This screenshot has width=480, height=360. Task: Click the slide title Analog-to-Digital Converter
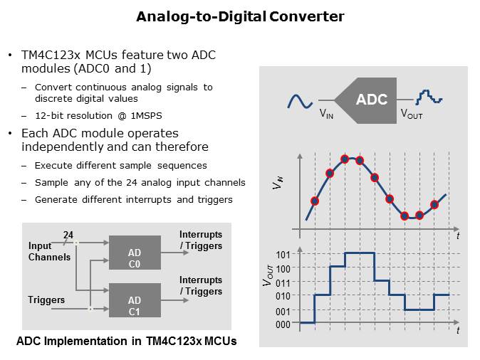(x=240, y=16)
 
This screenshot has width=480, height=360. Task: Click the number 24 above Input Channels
(x=68, y=235)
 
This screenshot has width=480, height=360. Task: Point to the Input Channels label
(x=49, y=251)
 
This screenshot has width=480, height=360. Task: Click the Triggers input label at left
(x=46, y=300)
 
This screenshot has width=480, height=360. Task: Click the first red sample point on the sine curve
(x=315, y=201)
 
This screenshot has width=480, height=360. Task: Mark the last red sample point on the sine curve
(x=434, y=205)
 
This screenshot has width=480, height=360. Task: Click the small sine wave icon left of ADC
(x=299, y=101)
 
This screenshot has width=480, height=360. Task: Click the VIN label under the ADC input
(x=326, y=113)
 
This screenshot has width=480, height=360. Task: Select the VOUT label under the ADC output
(x=412, y=113)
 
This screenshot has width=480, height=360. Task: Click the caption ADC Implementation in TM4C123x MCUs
(x=127, y=342)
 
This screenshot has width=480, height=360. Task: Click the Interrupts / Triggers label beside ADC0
(x=201, y=240)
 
